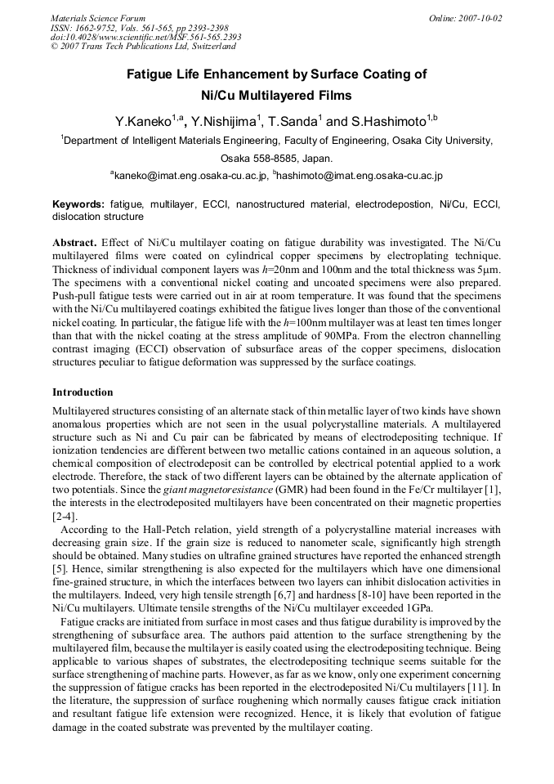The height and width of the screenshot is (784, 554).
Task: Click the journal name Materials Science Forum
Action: pyautogui.click(x=98, y=18)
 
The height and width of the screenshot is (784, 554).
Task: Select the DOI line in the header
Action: pyautogui.click(x=145, y=38)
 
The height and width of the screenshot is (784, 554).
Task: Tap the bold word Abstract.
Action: pyautogui.click(x=74, y=243)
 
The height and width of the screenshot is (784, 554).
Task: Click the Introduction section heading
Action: pyautogui.click(x=83, y=392)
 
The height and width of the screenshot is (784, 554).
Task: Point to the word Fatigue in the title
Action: pyautogui.click(x=152, y=74)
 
